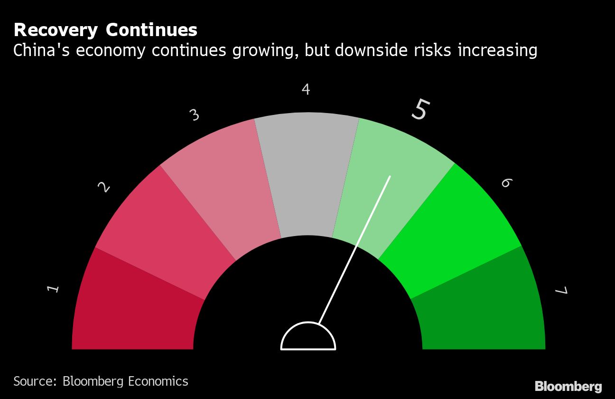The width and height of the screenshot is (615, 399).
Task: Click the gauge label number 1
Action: (x=54, y=288)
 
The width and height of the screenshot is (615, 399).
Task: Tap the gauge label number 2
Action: (x=104, y=187)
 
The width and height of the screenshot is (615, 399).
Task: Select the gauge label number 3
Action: (x=194, y=115)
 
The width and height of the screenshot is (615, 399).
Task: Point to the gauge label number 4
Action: (x=306, y=89)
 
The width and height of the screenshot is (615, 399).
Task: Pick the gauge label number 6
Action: (x=506, y=183)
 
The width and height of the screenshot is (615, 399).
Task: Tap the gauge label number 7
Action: (x=561, y=291)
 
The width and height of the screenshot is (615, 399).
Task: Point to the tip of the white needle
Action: (x=390, y=177)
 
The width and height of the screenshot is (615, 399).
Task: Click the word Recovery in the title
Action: (x=56, y=30)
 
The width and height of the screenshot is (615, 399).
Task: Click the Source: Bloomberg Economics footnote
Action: (x=101, y=381)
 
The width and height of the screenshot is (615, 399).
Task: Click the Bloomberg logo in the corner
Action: (x=568, y=386)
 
